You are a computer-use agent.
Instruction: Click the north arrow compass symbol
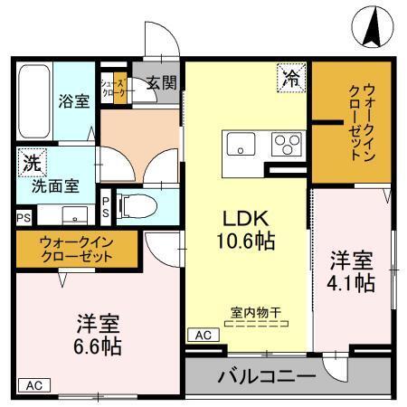[371, 26]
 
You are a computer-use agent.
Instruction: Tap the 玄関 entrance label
[162, 82]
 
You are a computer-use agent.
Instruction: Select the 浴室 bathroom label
[74, 100]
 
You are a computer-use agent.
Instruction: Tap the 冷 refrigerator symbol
[291, 78]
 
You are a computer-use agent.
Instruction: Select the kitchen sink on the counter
[242, 144]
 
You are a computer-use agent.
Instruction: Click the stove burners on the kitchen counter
[288, 144]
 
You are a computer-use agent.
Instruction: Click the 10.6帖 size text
[245, 241]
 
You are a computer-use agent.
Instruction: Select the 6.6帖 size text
[99, 346]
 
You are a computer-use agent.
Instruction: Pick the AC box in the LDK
[202, 334]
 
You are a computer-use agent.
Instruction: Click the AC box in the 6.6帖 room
[33, 383]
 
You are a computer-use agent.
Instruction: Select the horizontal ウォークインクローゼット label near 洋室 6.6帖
[76, 248]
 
